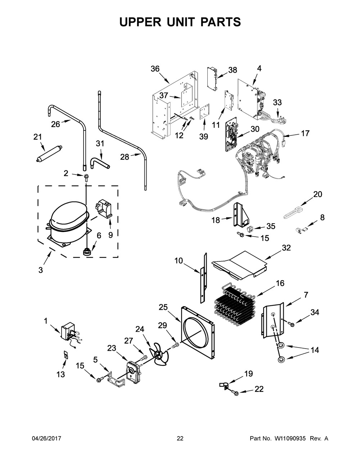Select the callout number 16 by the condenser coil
[x=280, y=283]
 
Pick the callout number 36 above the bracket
[x=155, y=69]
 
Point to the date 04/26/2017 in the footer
[x=47, y=439]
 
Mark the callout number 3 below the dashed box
[x=40, y=269]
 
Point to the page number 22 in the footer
[x=180, y=439]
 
